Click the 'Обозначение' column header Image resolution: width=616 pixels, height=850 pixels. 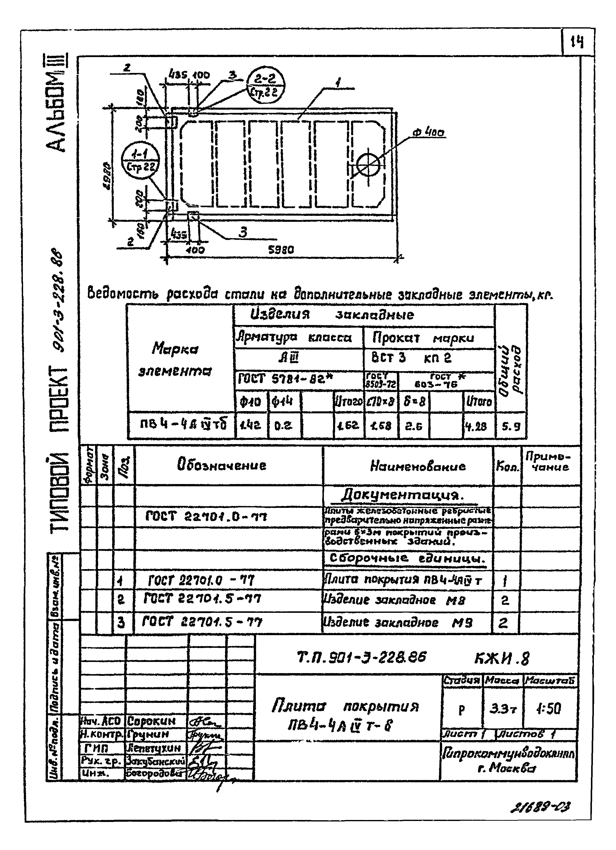pyautogui.click(x=222, y=465)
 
